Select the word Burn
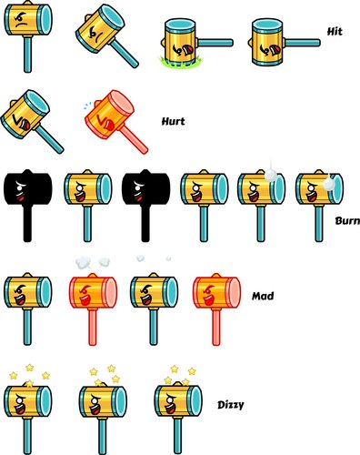(346, 219)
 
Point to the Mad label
(264, 296)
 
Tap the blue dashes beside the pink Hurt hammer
(83, 104)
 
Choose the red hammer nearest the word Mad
(215, 300)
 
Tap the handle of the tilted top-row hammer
(125, 54)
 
